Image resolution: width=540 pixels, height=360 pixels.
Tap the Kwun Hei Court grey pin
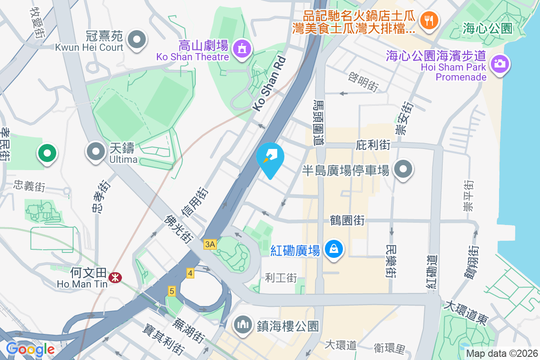(137, 40)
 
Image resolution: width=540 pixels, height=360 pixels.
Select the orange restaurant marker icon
(428, 20)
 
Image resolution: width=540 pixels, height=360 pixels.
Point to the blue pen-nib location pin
(270, 158)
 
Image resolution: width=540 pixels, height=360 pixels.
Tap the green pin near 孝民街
(47, 153)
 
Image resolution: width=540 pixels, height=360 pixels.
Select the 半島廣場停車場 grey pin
(403, 170)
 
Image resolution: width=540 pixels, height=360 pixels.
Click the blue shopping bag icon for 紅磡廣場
(333, 249)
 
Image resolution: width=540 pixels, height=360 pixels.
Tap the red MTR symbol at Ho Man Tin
(116, 279)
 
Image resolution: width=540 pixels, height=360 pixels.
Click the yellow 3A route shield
(210, 244)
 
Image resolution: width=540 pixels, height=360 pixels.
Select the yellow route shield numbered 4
(190, 273)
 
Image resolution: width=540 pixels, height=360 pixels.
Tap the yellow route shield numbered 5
(171, 291)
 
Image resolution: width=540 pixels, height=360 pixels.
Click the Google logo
(30, 349)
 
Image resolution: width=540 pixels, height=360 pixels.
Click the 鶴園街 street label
(347, 220)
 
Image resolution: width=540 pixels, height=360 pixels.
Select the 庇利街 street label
(373, 145)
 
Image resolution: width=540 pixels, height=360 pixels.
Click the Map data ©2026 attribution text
(501, 354)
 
